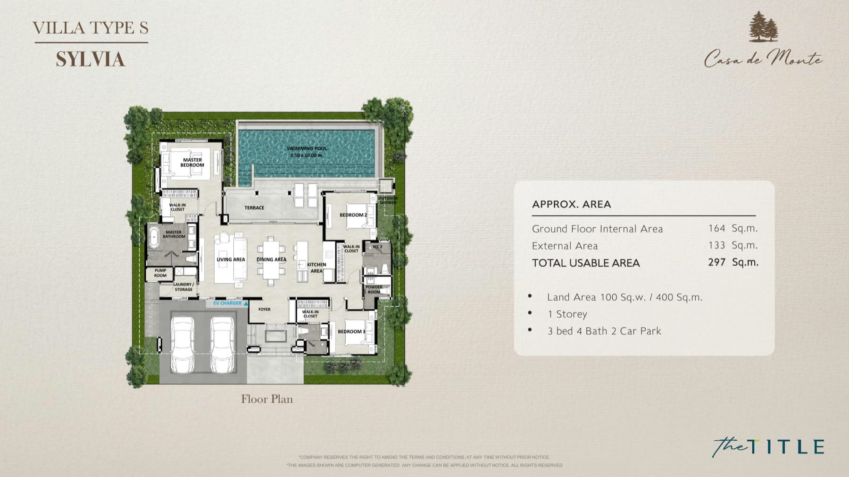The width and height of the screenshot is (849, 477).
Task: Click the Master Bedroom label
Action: pyautogui.click(x=192, y=163)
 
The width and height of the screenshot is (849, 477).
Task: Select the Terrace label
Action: pyautogui.click(x=254, y=208)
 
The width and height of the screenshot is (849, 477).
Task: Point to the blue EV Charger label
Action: pyautogui.click(x=227, y=303)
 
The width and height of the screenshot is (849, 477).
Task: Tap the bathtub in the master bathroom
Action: pyautogui.click(x=154, y=238)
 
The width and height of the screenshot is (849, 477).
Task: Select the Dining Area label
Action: pyautogui.click(x=271, y=260)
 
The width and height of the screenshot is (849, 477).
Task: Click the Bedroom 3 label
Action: pyautogui.click(x=351, y=332)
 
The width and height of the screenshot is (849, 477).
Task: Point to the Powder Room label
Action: pyautogui.click(x=374, y=289)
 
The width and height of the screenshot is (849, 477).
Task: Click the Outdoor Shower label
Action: pyautogui.click(x=388, y=200)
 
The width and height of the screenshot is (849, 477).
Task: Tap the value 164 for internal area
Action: pyautogui.click(x=716, y=229)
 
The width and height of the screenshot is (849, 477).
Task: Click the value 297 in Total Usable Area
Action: pyautogui.click(x=716, y=263)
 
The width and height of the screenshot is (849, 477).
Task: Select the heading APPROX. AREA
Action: pyautogui.click(x=571, y=205)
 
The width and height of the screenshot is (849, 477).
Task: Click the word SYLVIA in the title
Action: pyautogui.click(x=91, y=60)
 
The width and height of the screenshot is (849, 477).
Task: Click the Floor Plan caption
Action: pyautogui.click(x=267, y=399)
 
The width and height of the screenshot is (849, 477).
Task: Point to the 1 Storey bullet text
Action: pyautogui.click(x=567, y=314)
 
